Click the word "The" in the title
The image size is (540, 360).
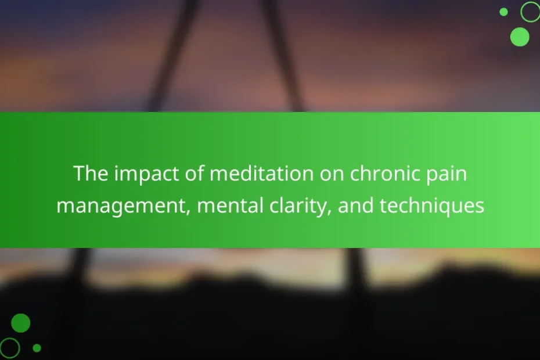91,173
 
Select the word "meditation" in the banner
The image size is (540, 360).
262,173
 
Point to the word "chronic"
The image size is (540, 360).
384,173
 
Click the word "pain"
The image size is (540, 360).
447,174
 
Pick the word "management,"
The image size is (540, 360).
124,207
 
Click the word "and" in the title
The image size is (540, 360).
356,205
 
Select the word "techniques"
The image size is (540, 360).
432,206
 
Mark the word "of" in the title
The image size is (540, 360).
195,173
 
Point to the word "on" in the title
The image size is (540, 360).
332,174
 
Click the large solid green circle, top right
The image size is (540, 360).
520,37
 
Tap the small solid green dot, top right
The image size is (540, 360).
503,12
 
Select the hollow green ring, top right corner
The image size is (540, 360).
522,12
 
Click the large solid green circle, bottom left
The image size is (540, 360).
21,323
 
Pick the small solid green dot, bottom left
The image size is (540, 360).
37,348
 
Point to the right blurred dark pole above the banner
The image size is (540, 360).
282,55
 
